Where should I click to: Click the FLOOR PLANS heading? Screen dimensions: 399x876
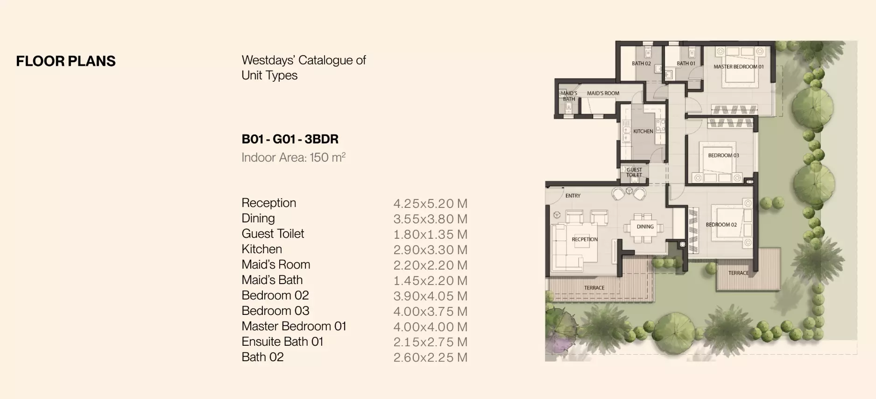66,61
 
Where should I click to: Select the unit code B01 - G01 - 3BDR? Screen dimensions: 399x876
290,139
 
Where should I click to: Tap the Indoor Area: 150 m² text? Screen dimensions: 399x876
293,157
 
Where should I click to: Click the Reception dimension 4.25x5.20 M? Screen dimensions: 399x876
430,204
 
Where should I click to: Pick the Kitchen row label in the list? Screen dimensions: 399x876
261,249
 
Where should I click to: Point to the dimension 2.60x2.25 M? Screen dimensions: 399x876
430,357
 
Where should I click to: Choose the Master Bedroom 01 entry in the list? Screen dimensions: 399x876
294,326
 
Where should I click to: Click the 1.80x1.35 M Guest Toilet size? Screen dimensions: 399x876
430,235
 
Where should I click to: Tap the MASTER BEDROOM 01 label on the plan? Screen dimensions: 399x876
738,67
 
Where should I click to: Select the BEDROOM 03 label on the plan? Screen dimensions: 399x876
723,156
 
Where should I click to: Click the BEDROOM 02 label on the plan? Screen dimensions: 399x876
721,225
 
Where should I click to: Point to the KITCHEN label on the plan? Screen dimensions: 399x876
643,131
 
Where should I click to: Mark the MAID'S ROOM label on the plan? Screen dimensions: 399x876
603,93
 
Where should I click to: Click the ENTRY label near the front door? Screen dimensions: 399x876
573,196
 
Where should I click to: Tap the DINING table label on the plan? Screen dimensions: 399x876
645,227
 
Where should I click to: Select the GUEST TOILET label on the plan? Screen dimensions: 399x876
634,172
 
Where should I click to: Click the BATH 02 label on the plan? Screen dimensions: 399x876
641,64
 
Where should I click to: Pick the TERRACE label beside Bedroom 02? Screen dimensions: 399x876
738,273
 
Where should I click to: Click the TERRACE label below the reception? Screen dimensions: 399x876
594,288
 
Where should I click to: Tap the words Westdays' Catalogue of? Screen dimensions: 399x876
304,60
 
